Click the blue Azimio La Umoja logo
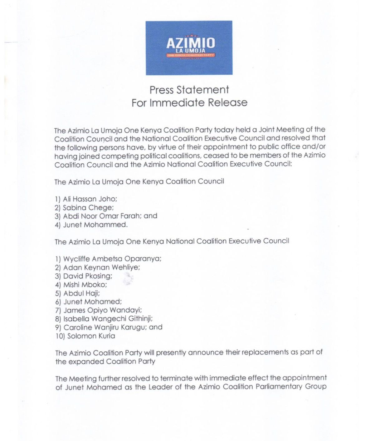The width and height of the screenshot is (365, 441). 189,48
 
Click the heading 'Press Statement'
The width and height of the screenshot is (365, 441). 189,90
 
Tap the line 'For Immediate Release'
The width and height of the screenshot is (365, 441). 189,103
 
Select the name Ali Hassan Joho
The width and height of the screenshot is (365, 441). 90,199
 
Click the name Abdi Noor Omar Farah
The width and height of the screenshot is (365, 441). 102,216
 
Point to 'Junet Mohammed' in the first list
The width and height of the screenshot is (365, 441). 95,225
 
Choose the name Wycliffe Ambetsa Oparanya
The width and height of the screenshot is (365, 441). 112,259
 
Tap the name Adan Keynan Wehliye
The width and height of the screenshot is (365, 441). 101,268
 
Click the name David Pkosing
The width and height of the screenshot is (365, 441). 88,276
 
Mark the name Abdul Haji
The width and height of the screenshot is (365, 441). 81,293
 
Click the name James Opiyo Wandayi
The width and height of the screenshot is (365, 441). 103,310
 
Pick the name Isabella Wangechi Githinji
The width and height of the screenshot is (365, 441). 108,319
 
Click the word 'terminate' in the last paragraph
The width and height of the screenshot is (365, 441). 176,379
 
